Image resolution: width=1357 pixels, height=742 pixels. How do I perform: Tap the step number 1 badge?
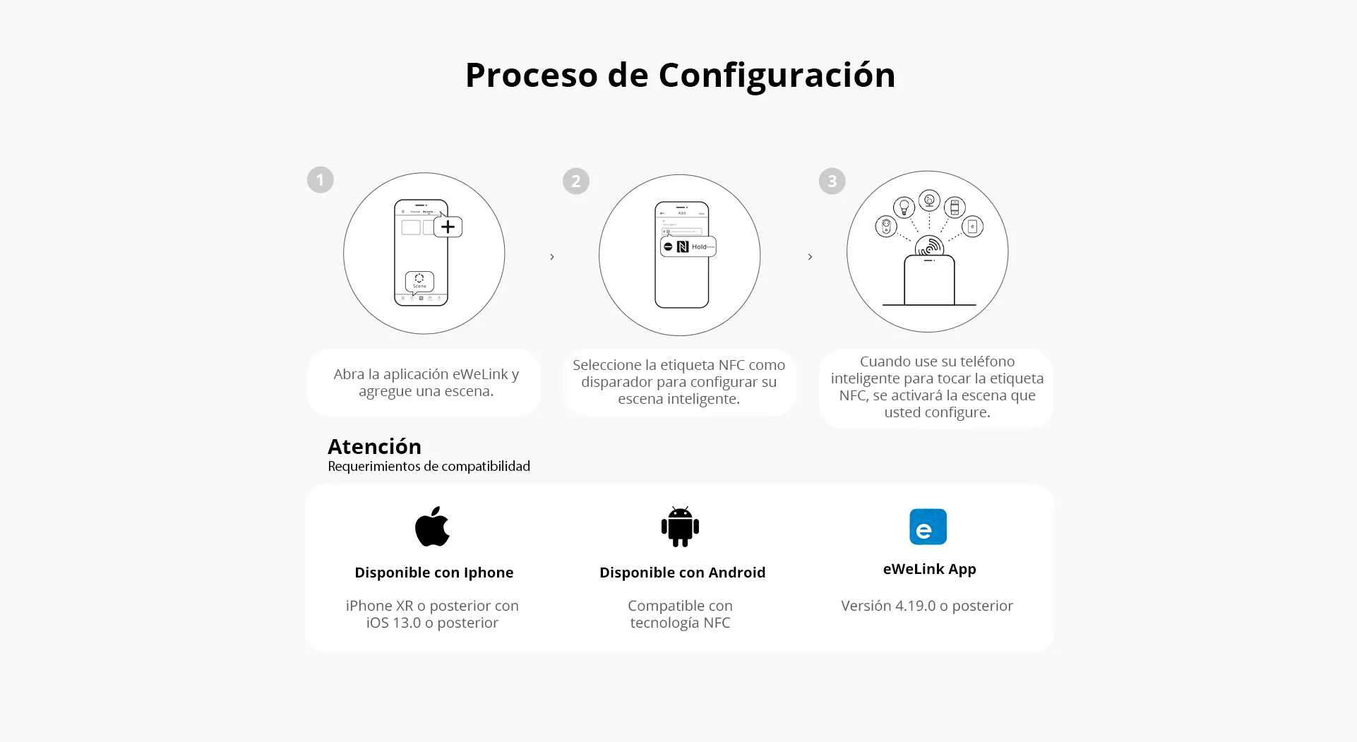(x=320, y=180)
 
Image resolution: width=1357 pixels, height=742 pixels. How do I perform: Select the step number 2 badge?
(x=575, y=181)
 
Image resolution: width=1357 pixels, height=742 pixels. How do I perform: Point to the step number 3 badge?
(x=832, y=181)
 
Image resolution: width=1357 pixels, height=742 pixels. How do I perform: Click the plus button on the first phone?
(x=448, y=227)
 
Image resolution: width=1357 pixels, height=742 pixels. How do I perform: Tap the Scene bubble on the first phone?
(x=419, y=281)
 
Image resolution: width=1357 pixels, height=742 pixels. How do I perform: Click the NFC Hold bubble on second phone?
(x=688, y=246)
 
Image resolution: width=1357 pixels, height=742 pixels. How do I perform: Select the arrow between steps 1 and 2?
(x=552, y=257)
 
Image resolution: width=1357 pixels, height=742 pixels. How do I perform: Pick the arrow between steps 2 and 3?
(x=810, y=257)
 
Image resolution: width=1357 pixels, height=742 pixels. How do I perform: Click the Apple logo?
(x=432, y=526)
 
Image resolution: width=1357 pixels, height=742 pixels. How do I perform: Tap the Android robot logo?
(x=680, y=527)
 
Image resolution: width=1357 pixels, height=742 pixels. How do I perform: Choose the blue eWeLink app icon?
(x=928, y=527)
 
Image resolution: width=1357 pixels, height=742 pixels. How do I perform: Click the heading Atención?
(x=374, y=447)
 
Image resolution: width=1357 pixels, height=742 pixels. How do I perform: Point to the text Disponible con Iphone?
(x=434, y=573)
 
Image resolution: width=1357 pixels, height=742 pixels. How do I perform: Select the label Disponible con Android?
(x=682, y=573)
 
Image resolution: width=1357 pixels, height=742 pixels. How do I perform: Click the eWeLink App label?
(x=929, y=570)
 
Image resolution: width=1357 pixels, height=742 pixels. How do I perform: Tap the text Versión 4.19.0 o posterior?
(x=927, y=606)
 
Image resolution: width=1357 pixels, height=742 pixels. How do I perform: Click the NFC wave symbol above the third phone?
(x=929, y=246)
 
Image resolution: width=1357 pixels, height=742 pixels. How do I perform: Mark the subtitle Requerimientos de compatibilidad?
(x=429, y=467)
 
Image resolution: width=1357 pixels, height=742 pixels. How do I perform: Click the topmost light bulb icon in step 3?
(x=929, y=201)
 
